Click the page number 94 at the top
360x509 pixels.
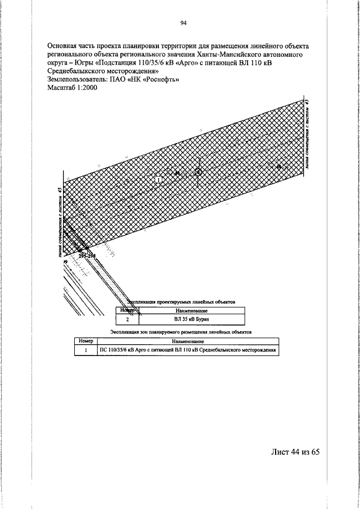click(183, 23)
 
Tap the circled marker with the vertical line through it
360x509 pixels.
click(198, 173)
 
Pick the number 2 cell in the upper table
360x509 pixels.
click(127, 319)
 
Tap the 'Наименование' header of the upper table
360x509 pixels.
click(192, 310)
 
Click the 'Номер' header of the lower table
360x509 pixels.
click(86, 341)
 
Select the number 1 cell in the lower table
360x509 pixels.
click(86, 349)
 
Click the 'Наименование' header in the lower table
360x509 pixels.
click(188, 341)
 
